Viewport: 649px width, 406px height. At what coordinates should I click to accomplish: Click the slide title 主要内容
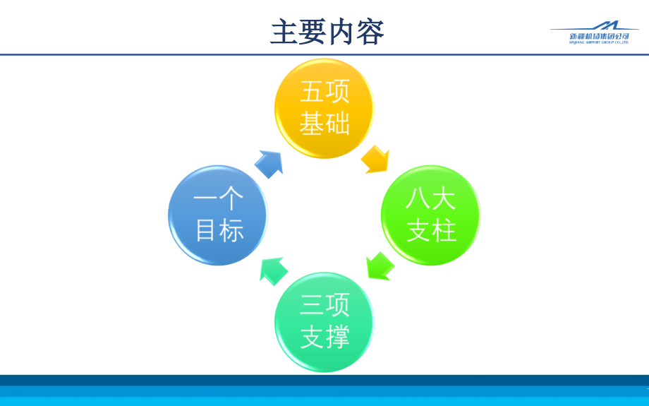click(x=327, y=32)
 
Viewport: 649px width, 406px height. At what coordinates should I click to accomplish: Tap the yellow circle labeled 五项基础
click(x=324, y=108)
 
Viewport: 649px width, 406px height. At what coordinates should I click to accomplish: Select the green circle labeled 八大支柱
click(x=430, y=215)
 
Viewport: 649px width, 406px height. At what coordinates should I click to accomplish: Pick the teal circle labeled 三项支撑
click(x=324, y=321)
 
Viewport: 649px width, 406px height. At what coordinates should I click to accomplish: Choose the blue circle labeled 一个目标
click(x=218, y=215)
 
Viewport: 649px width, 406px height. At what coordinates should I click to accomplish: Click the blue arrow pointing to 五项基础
click(x=269, y=163)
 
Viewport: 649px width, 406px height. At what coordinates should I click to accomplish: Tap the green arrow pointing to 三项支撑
click(x=380, y=266)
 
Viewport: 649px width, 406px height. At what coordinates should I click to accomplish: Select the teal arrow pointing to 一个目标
click(x=273, y=270)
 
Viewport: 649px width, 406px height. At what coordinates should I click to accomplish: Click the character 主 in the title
click(x=284, y=32)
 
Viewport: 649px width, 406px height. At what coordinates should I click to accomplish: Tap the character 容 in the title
click(x=370, y=32)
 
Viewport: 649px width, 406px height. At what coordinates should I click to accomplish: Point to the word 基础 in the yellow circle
click(x=324, y=124)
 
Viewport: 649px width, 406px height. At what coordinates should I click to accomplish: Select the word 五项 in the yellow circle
click(x=324, y=92)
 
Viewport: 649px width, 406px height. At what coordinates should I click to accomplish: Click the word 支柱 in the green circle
click(x=430, y=231)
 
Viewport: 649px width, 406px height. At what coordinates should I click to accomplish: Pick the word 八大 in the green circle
click(x=430, y=199)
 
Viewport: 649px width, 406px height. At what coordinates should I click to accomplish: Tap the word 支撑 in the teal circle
click(x=324, y=338)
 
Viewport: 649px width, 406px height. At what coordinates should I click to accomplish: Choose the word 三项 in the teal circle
click(x=324, y=306)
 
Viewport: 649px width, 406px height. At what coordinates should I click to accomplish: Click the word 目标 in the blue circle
click(x=219, y=231)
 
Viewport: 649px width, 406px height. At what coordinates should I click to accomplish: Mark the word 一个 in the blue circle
click(x=219, y=200)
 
